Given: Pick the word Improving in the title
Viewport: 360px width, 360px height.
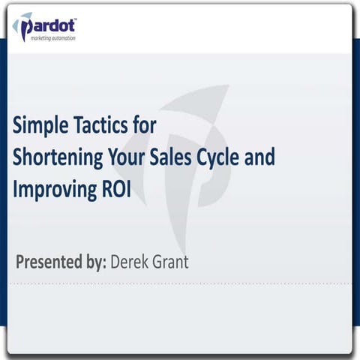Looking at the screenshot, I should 51,190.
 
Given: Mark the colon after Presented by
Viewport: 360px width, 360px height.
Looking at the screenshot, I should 106,263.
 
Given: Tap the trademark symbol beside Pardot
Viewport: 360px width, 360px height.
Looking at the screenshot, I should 78,16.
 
